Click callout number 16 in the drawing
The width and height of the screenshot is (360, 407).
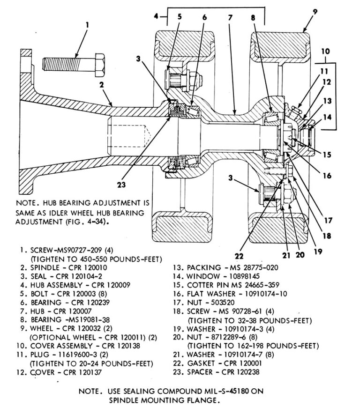click(327, 176)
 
